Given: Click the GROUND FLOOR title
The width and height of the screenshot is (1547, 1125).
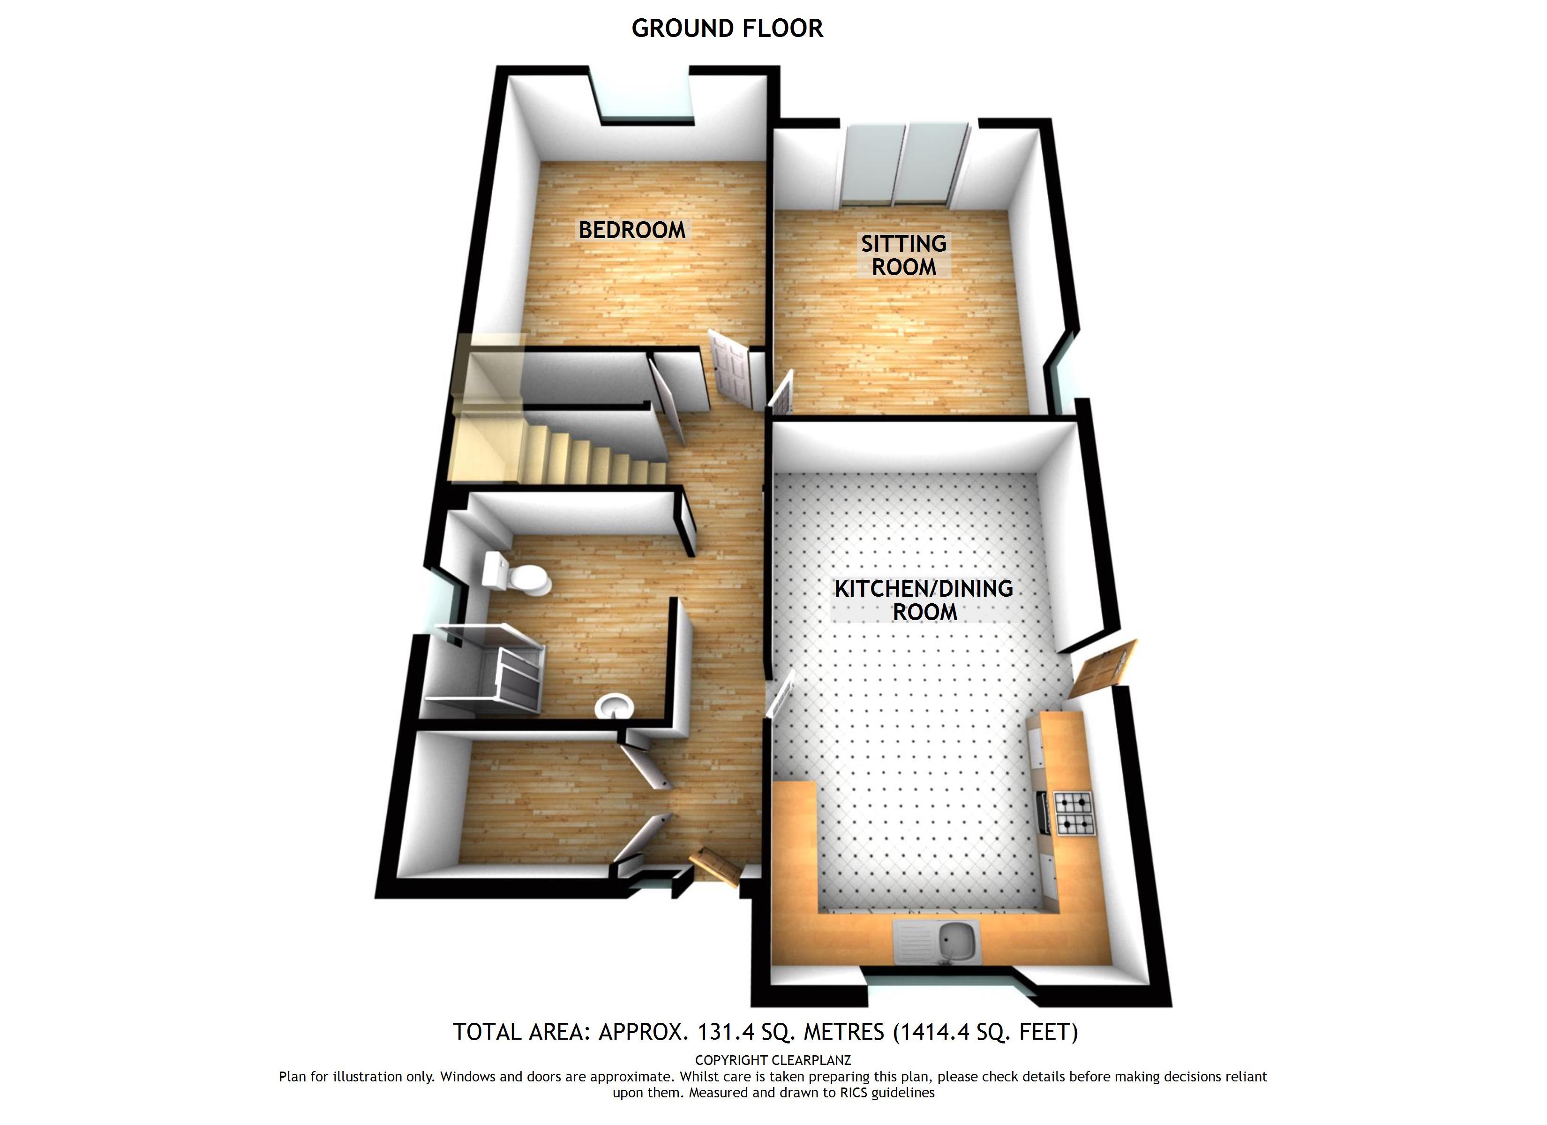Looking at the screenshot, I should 727,29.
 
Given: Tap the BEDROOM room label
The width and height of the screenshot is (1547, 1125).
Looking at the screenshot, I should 631,231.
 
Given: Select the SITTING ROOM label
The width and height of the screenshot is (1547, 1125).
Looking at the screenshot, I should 903,255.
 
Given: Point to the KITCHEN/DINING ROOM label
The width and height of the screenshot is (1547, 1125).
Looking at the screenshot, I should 924,600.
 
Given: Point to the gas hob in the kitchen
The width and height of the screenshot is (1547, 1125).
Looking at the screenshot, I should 1073,814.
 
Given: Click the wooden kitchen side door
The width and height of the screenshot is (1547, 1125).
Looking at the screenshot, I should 1103,668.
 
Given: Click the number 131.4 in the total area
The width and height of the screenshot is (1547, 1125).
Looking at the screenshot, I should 725,1032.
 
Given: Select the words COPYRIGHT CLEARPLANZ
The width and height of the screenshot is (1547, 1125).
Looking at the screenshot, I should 773,1060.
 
